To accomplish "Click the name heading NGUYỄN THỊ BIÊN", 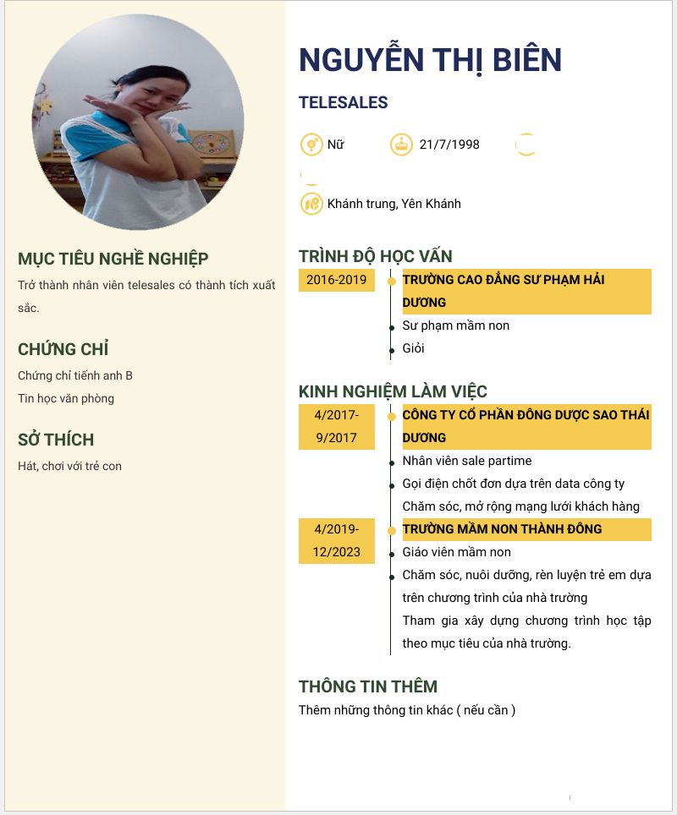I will pyautogui.click(x=430, y=60).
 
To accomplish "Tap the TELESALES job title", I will pyautogui.click(x=343, y=103).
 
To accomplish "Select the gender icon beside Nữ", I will pyautogui.click(x=311, y=145).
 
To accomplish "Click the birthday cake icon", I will pyautogui.click(x=402, y=145).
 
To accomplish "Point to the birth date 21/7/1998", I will pyautogui.click(x=449, y=145).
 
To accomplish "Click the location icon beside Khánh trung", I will pyautogui.click(x=311, y=204).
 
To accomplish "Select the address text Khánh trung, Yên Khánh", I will pyautogui.click(x=394, y=204).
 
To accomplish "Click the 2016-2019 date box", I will pyautogui.click(x=337, y=280).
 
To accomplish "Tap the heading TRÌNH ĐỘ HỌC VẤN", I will pyautogui.click(x=376, y=256).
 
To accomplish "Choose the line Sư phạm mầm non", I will pyautogui.click(x=455, y=325).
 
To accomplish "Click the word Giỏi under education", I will pyautogui.click(x=413, y=348).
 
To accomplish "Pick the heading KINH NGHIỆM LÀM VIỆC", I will pyautogui.click(x=393, y=391).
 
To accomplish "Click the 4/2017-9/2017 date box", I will pyautogui.click(x=337, y=426).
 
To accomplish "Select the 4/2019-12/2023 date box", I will pyautogui.click(x=337, y=540).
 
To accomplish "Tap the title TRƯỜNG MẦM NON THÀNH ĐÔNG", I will pyautogui.click(x=502, y=529).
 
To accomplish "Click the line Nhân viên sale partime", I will pyautogui.click(x=466, y=461).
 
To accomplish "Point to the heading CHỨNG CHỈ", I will pyautogui.click(x=63, y=349).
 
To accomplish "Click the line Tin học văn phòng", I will pyautogui.click(x=66, y=398).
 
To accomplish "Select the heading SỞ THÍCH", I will pyautogui.click(x=56, y=440).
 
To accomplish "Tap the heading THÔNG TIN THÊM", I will pyautogui.click(x=367, y=686).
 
